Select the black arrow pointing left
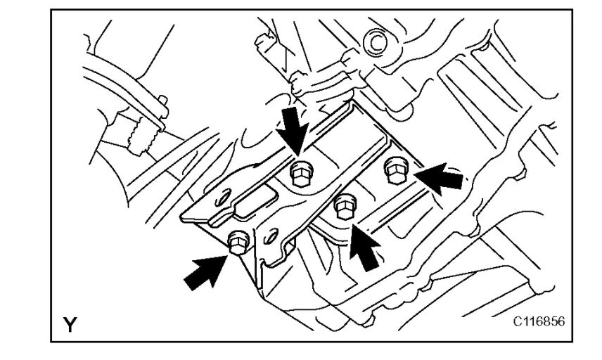pyautogui.click(x=440, y=176)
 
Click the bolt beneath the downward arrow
pyautogui.click(x=300, y=172)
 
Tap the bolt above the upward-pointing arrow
pyautogui.click(x=344, y=207)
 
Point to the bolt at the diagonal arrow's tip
pyautogui.click(x=238, y=243)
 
